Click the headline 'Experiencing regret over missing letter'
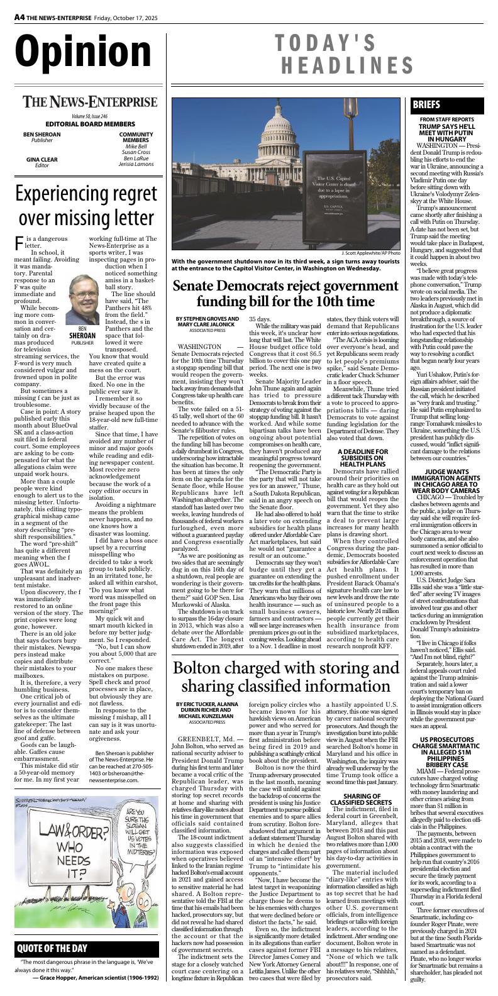(x=86, y=206)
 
